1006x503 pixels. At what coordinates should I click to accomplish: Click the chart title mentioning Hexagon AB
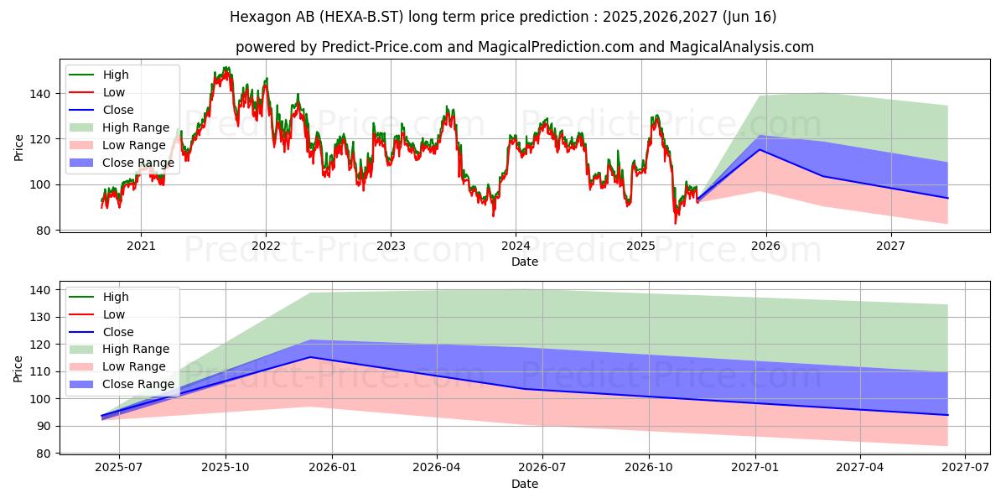tap(503, 17)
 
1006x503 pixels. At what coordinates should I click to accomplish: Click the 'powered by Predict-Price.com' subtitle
tap(503, 47)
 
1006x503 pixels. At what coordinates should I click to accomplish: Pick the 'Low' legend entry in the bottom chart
tap(113, 314)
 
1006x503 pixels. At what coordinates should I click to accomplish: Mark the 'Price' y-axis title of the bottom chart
tap(18, 368)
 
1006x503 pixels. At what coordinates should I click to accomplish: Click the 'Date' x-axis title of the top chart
tap(525, 262)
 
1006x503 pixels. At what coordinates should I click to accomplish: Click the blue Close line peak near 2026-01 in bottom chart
tap(309, 357)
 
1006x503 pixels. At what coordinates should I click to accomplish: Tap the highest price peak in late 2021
tap(226, 69)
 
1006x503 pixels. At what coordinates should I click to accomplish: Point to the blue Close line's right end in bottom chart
tap(947, 415)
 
